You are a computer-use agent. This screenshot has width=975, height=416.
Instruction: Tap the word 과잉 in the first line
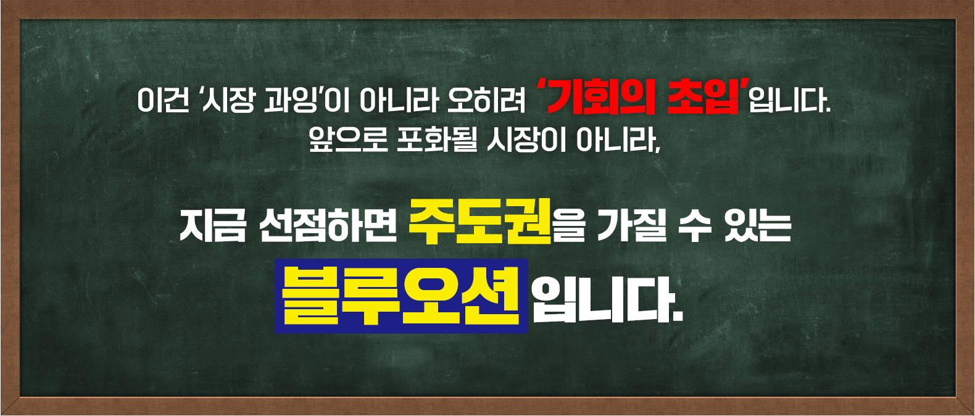pyautogui.click(x=290, y=101)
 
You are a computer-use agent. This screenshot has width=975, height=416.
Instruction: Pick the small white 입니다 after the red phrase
pyautogui.click(x=788, y=101)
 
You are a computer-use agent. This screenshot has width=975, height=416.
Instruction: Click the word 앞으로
pyautogui.click(x=347, y=141)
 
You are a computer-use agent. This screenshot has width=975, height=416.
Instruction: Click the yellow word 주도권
pyautogui.click(x=479, y=221)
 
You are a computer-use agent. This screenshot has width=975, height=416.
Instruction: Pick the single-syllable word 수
pyautogui.click(x=694, y=226)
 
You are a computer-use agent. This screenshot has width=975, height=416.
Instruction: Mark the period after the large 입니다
pyautogui.click(x=678, y=317)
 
